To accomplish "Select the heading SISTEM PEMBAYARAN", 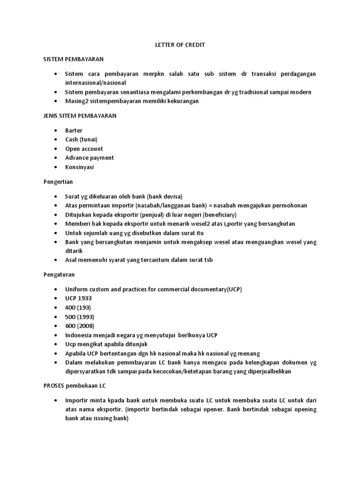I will (x=73, y=60).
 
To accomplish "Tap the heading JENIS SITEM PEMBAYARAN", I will (x=80, y=115).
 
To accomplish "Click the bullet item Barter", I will (x=74, y=130).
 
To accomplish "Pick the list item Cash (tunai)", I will (x=82, y=139).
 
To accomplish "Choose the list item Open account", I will (x=84, y=149).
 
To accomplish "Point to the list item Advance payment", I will (x=90, y=157).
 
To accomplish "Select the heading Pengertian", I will (x=58, y=181).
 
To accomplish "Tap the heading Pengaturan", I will (x=59, y=274).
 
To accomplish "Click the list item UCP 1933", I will (x=79, y=298).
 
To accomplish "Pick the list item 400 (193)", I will (x=78, y=307).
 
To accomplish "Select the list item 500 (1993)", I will (x=80, y=316).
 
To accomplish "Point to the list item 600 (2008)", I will (x=80, y=326).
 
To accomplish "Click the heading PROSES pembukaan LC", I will (x=75, y=385).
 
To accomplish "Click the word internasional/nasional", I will (x=96, y=83).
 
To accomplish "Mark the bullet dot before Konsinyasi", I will (x=56, y=167).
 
